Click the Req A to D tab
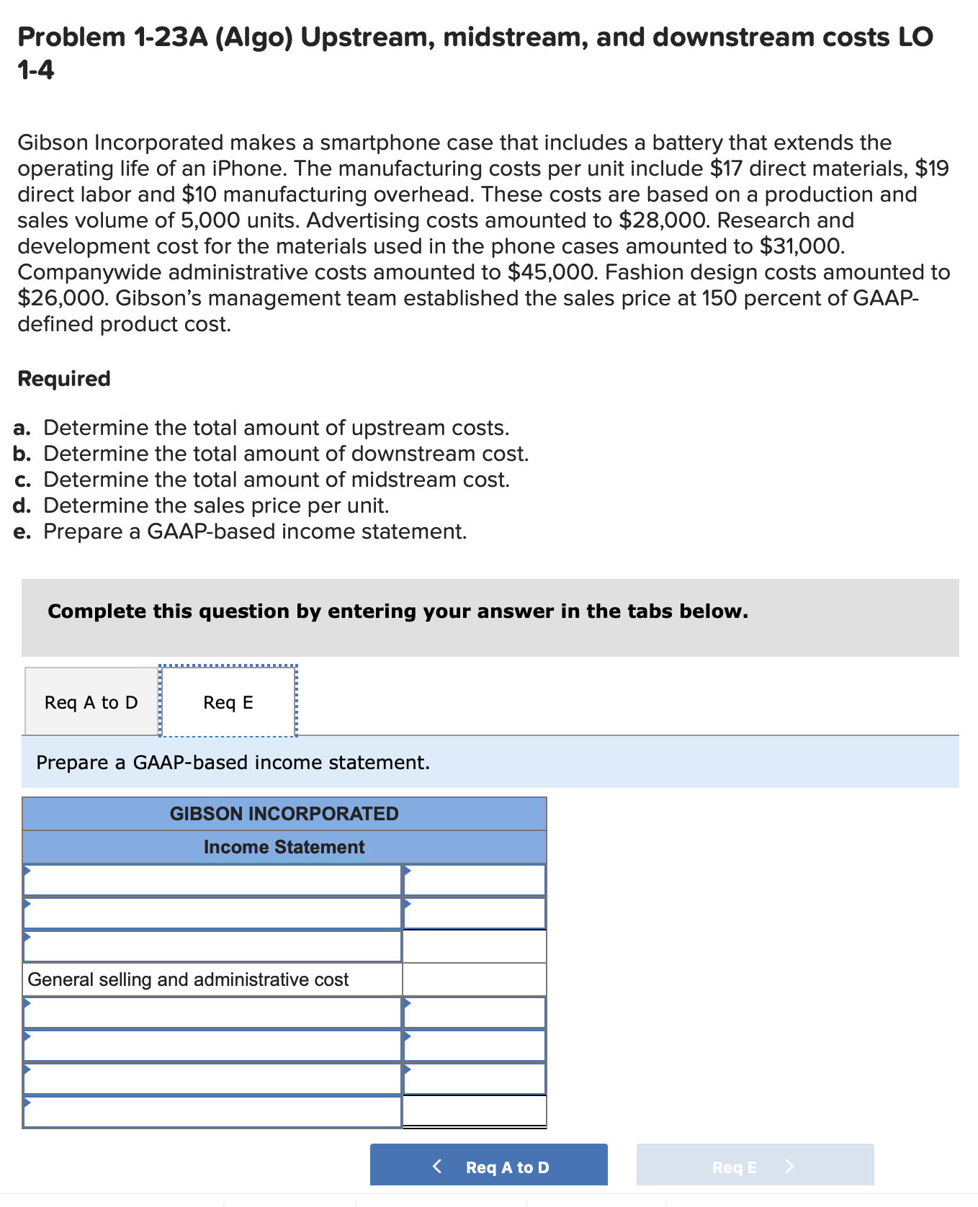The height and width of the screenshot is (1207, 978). point(91,702)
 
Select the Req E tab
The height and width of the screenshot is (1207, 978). point(228,702)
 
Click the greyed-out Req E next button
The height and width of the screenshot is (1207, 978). point(754,1167)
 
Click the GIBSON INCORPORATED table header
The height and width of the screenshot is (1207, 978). point(284,814)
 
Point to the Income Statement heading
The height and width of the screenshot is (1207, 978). point(284,847)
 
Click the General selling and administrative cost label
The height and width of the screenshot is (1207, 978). point(188,979)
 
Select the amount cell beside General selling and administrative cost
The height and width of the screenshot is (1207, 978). point(474,979)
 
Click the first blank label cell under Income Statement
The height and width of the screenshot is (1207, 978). point(212,880)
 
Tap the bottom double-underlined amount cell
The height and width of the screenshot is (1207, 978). point(474,1110)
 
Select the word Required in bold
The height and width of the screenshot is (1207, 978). point(64,379)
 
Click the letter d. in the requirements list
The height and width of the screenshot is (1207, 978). point(22,506)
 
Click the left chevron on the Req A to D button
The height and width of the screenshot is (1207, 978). point(437,1167)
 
